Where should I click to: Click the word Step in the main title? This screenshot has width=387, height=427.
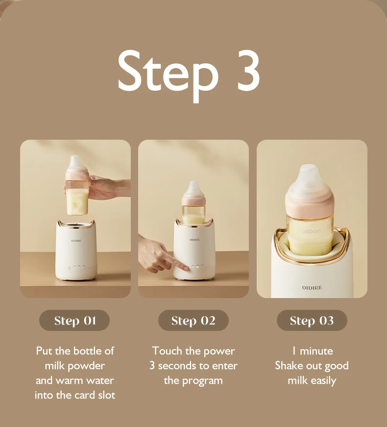pos(167,71)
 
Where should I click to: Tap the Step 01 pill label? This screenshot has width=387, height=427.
pos(74,321)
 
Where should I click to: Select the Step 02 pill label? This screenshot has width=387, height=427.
pos(193,321)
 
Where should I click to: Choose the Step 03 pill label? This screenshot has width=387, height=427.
pos(312,321)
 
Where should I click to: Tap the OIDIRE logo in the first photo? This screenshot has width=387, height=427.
pos(76,241)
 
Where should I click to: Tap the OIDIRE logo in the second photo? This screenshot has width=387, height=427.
pos(194,240)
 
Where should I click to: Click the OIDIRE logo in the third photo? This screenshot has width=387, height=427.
pos(312,288)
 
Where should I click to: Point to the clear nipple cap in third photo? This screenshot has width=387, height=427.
pos(312,179)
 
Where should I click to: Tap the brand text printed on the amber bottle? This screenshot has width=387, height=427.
pos(311,230)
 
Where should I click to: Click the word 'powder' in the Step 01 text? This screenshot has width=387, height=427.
pos(87,366)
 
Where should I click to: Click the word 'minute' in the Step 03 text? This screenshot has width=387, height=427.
pos(316,351)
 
